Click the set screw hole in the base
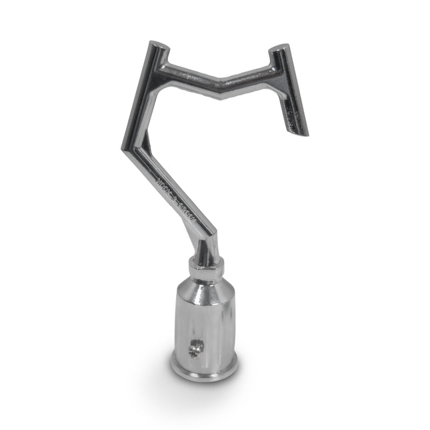pyautogui.click(x=195, y=347)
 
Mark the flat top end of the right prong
pyautogui.click(x=280, y=51)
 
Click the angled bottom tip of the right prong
pyautogui.click(x=299, y=131)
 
